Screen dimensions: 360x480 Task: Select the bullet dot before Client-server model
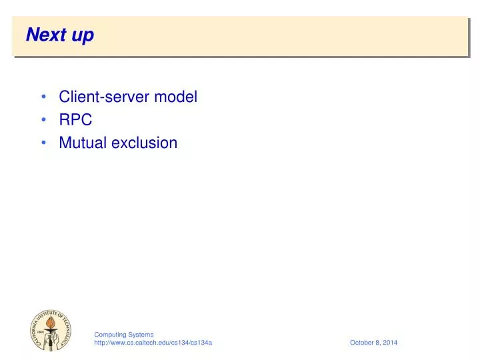pyautogui.click(x=43, y=97)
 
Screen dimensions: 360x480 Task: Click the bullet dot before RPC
pyautogui.click(x=43, y=120)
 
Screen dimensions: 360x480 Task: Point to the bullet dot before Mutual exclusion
pyautogui.click(x=43, y=143)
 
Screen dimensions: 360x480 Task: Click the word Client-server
pyautogui.click(x=105, y=97)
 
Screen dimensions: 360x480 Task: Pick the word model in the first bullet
pyautogui.click(x=176, y=97)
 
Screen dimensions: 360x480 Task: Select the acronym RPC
pyautogui.click(x=75, y=120)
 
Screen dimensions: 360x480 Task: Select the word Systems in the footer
pyautogui.click(x=141, y=334)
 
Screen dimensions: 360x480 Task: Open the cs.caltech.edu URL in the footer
pyautogui.click(x=153, y=343)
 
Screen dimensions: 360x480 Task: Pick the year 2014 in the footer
pyautogui.click(x=390, y=343)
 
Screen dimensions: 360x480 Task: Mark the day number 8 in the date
pyautogui.click(x=378, y=343)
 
